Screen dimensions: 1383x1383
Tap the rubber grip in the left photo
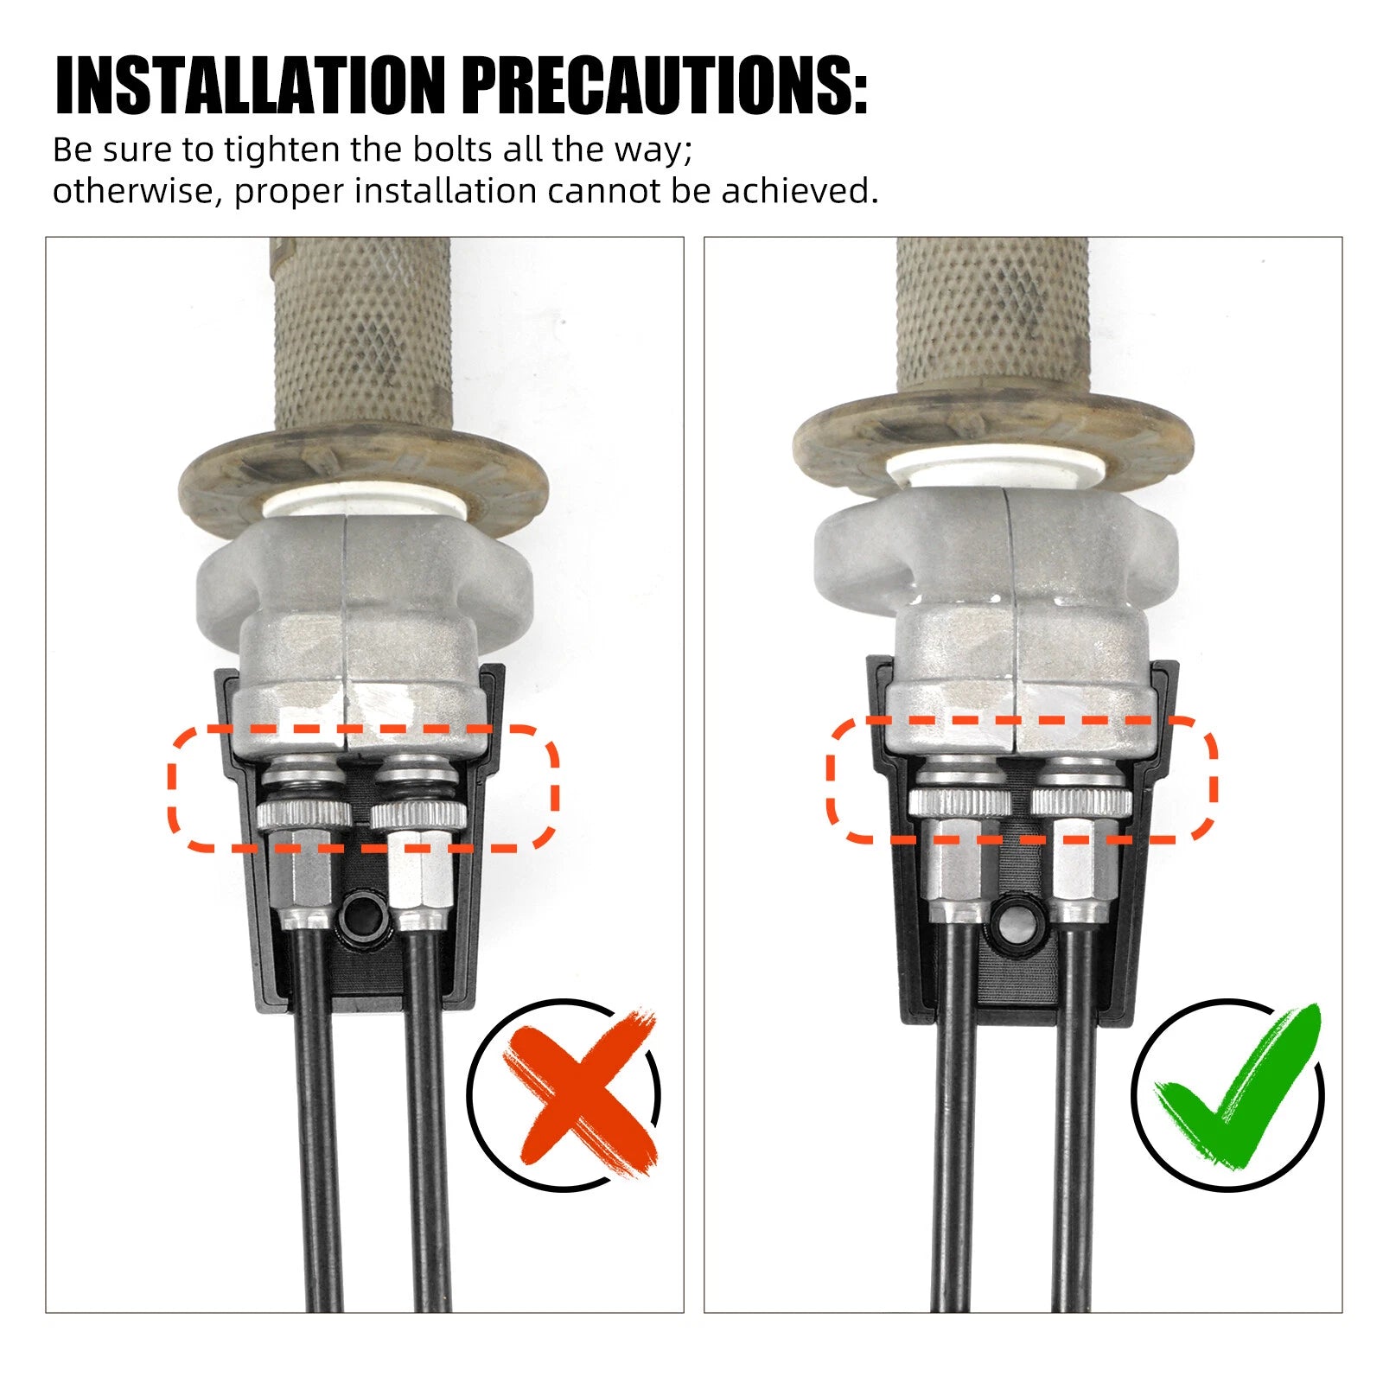[361, 333]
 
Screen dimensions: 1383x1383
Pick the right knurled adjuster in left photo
[418, 814]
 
